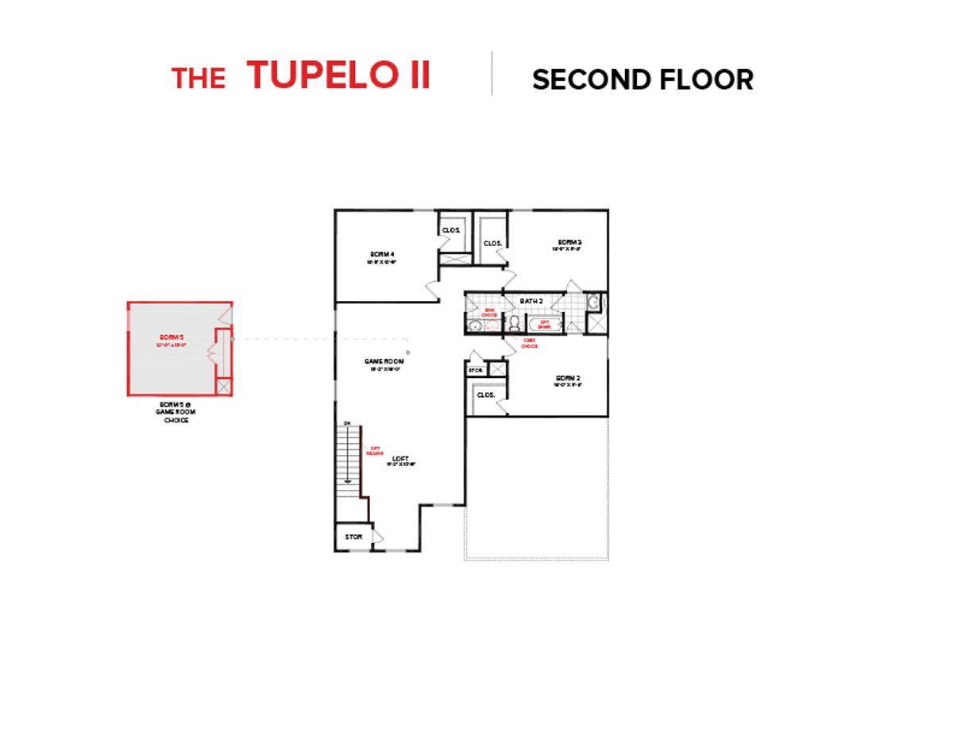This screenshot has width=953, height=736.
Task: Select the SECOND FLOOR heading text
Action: [x=642, y=80]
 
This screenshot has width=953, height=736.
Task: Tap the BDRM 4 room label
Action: [x=383, y=254]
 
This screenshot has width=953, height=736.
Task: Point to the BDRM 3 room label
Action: [x=569, y=242]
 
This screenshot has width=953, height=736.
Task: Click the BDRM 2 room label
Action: [x=568, y=378]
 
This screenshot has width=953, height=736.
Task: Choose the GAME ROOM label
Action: [x=384, y=361]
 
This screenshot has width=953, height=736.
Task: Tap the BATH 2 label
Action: [x=531, y=302]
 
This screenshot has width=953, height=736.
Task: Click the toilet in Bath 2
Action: [x=514, y=322]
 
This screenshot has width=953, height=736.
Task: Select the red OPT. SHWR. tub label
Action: [x=545, y=323]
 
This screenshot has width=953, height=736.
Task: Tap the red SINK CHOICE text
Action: [x=489, y=313]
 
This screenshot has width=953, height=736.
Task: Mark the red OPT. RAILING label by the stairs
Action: [x=375, y=450]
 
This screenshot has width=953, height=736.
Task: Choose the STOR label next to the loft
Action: [x=353, y=538]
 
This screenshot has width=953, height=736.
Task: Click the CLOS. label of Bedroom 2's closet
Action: [x=486, y=395]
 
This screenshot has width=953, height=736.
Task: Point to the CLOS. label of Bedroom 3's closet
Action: [x=492, y=243]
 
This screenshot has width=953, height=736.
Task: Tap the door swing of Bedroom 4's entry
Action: [x=432, y=290]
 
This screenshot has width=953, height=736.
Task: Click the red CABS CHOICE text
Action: [x=529, y=343]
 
